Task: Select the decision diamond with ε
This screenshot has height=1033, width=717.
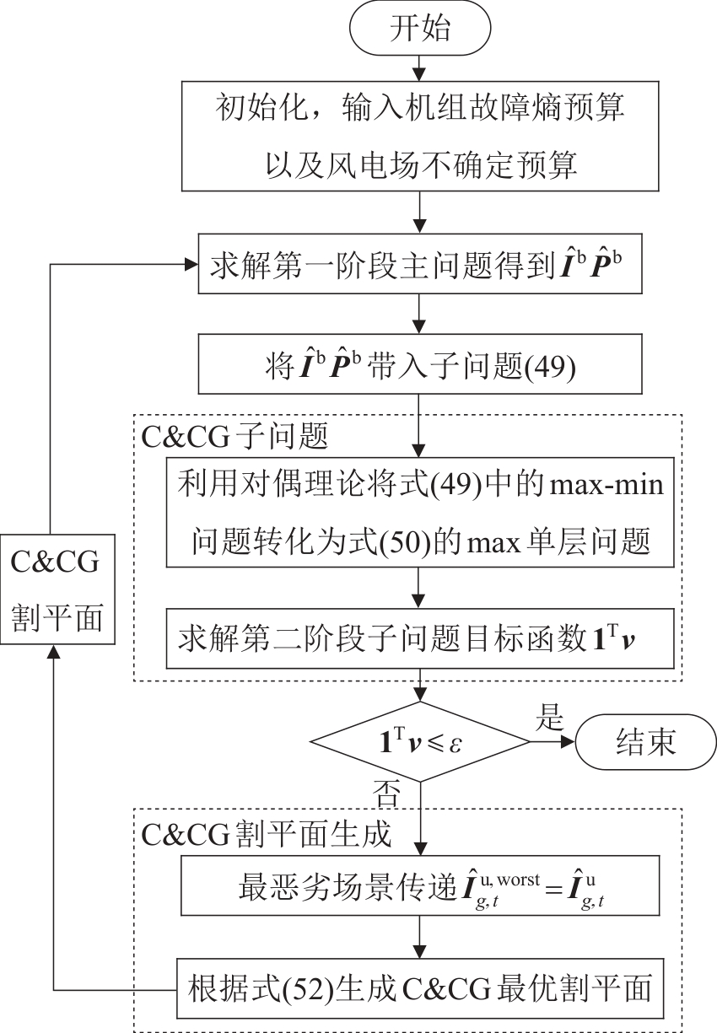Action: click(x=420, y=743)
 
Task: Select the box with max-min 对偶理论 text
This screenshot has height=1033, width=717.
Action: click(x=420, y=514)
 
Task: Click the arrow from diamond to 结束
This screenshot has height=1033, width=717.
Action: click(x=553, y=743)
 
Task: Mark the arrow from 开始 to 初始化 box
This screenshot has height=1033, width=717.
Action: click(x=420, y=65)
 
